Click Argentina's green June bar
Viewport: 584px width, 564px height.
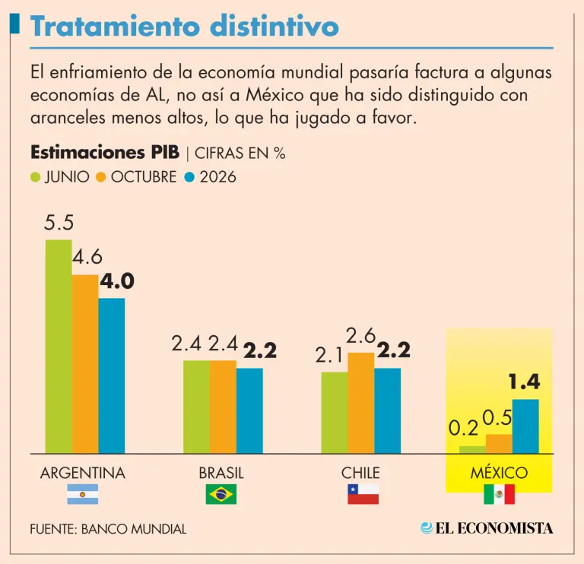pyautogui.click(x=59, y=346)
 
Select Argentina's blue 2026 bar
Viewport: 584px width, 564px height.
pyautogui.click(x=111, y=375)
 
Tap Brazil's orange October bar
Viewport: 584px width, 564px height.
pyautogui.click(x=223, y=407)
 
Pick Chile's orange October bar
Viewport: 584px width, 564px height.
pyautogui.click(x=360, y=403)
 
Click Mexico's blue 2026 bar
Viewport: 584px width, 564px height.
pyautogui.click(x=525, y=426)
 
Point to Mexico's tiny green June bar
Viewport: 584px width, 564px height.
pyautogui.click(x=472, y=449)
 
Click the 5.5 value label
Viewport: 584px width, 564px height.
pyautogui.click(x=59, y=223)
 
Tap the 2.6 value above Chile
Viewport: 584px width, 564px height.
pyautogui.click(x=361, y=335)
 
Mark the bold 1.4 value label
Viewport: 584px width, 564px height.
pyautogui.click(x=524, y=382)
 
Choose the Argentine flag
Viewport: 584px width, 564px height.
pyautogui.click(x=82, y=494)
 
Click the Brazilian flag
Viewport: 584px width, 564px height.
pyautogui.click(x=221, y=494)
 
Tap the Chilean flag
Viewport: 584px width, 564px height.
pyautogui.click(x=363, y=494)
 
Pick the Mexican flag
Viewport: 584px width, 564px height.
pyautogui.click(x=499, y=494)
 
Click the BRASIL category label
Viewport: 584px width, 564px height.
pyautogui.click(x=221, y=473)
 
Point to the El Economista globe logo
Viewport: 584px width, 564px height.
pyautogui.click(x=427, y=528)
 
